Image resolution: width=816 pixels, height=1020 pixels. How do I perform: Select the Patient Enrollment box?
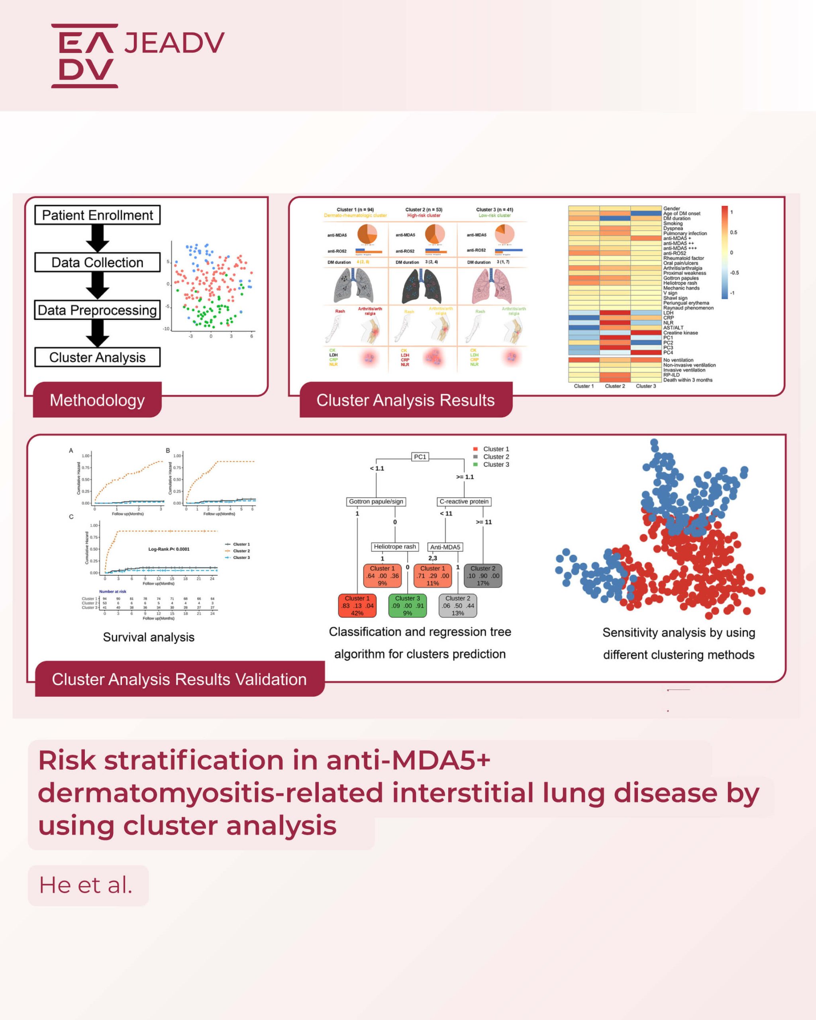98,215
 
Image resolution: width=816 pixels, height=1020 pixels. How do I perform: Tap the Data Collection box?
98,263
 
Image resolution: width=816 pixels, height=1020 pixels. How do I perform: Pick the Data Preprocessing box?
98,310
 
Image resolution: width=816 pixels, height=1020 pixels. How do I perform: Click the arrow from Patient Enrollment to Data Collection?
98,238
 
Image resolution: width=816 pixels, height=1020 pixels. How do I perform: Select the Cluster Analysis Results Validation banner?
179,679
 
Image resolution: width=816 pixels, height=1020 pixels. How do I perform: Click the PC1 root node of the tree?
420,457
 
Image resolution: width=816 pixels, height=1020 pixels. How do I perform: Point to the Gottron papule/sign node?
376,502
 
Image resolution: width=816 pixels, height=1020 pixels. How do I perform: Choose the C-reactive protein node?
464,502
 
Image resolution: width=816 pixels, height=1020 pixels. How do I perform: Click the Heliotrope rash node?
395,546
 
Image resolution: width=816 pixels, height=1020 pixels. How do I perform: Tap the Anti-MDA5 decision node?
445,547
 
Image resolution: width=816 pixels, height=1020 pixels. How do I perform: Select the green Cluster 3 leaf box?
407,606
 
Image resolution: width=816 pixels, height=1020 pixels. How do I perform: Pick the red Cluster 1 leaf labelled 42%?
357,606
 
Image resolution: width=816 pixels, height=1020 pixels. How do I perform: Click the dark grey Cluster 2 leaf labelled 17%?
483,576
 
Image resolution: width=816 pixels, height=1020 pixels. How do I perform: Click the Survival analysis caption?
149,637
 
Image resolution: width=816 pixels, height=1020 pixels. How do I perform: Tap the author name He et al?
86,885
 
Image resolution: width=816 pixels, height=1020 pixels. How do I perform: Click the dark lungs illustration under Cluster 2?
422,286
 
